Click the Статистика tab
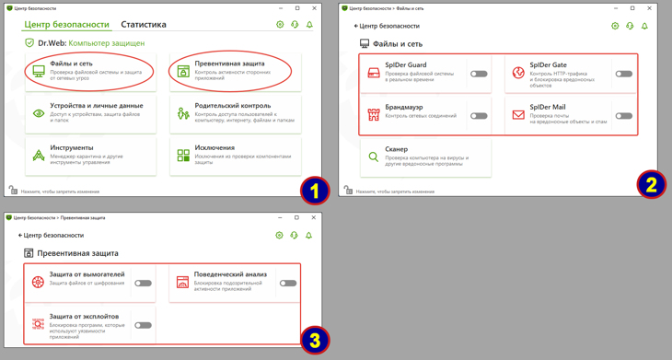(x=144, y=25)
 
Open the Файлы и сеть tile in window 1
(x=89, y=70)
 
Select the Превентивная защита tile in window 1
(x=230, y=70)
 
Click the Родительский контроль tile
(x=235, y=113)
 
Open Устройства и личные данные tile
(x=89, y=113)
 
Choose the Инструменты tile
(x=89, y=155)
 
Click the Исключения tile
(x=235, y=155)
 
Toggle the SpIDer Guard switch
(x=479, y=74)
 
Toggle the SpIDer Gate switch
(x=623, y=74)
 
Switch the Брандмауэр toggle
(x=479, y=116)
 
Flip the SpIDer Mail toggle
(x=623, y=116)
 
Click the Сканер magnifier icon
(x=373, y=157)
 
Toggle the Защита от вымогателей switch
(x=143, y=284)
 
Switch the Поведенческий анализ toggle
(x=287, y=284)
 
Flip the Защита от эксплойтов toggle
(x=143, y=325)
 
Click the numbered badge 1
(x=315, y=191)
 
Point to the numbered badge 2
(x=651, y=184)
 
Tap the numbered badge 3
(x=315, y=340)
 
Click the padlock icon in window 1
(x=13, y=191)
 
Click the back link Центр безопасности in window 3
(x=52, y=235)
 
